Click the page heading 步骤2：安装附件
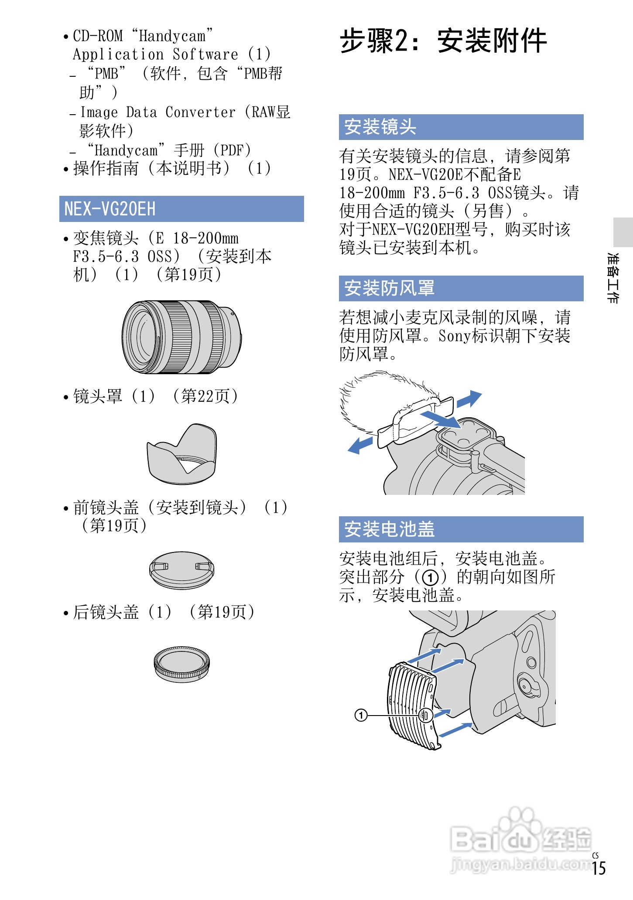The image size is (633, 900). coord(443,41)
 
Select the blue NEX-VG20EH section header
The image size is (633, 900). coord(181,209)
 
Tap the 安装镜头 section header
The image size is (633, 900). coord(461,127)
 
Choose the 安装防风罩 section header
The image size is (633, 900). coord(461,288)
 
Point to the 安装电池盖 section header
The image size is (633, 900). coord(461,529)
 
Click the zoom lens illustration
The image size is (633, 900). coord(181,337)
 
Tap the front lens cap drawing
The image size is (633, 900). coord(181,570)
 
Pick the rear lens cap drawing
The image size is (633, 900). coord(181,664)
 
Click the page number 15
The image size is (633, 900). coord(599,868)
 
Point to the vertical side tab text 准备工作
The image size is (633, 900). coord(612,278)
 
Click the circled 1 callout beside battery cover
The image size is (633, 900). coord(361,715)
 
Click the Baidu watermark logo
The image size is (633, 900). coord(519,839)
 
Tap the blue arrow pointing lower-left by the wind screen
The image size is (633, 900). coord(360,445)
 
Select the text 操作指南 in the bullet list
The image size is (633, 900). coord(106,168)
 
